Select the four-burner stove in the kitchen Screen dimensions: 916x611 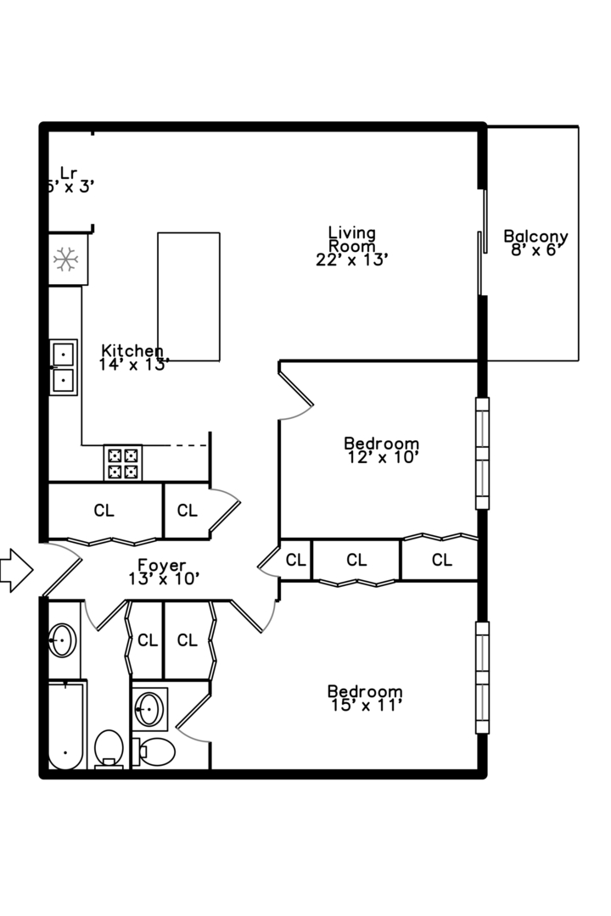(123, 462)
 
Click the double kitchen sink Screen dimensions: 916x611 (64, 366)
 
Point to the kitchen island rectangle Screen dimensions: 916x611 (188, 296)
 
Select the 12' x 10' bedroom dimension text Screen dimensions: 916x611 (382, 457)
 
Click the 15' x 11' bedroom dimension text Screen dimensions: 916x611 (365, 705)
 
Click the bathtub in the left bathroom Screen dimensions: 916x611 (65, 725)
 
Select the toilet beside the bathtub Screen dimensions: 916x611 (109, 749)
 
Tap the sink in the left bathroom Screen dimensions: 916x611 (62, 640)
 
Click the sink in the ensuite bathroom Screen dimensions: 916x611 (149, 707)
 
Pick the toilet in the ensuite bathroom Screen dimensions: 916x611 (154, 751)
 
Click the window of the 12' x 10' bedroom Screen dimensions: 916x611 (482, 453)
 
